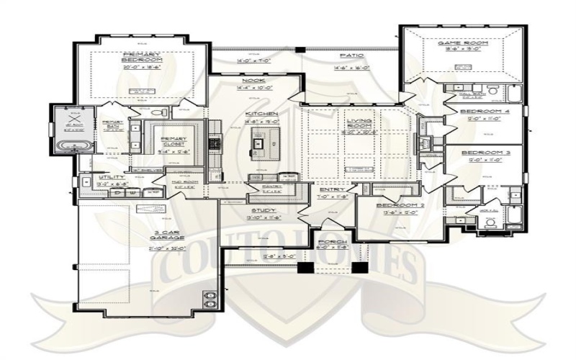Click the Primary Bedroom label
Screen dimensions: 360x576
tap(140, 57)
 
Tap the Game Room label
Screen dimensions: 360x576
tap(463, 44)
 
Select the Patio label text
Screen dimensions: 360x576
tap(351, 55)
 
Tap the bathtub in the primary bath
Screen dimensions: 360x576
tap(70, 145)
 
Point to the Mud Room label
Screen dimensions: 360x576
tap(175, 182)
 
